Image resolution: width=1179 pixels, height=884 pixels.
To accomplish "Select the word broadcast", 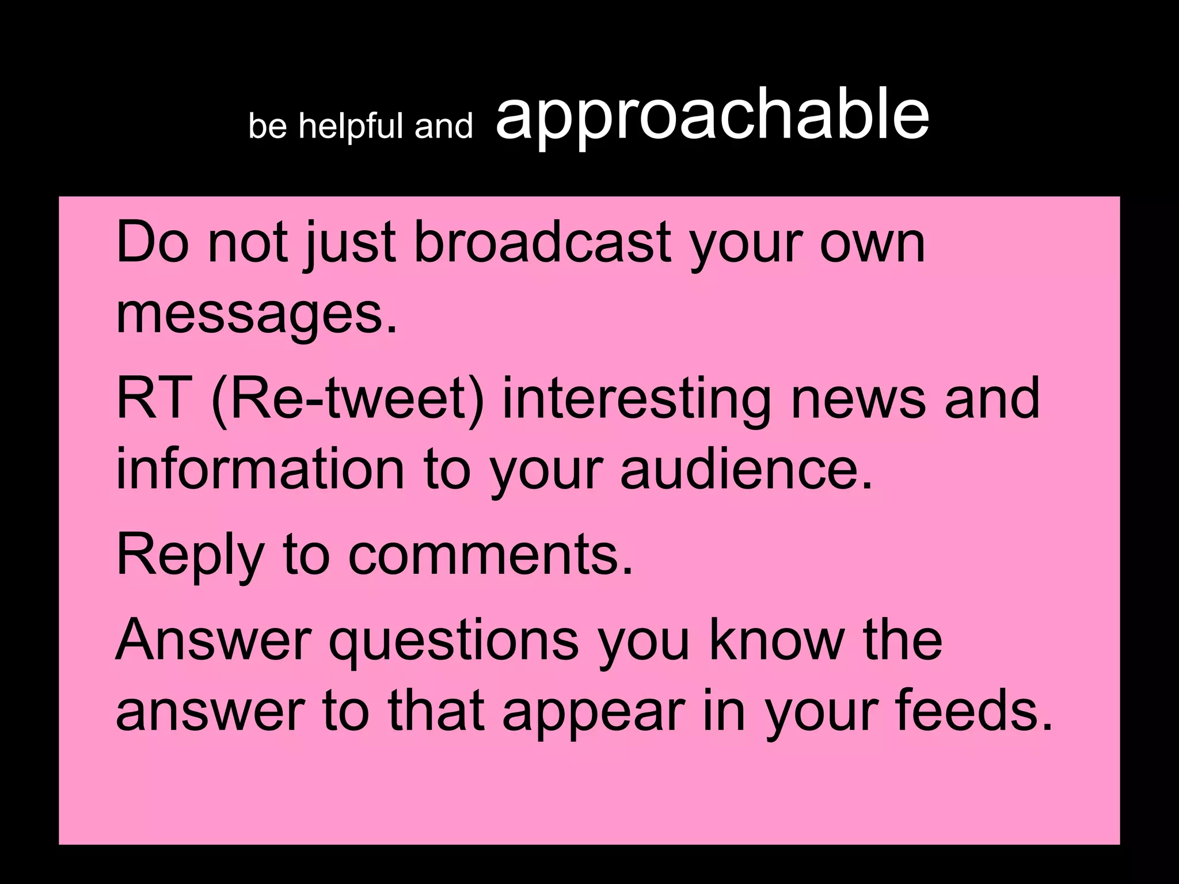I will coord(542,242).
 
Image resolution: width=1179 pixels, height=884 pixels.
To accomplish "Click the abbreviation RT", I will coord(154,398).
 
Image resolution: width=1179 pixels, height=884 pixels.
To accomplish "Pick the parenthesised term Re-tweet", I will coord(348,398).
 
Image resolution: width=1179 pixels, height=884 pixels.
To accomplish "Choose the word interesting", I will coord(637,398).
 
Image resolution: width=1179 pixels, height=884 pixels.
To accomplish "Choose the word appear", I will coord(594,712).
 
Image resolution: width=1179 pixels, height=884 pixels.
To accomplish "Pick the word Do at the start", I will coord(152,242).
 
